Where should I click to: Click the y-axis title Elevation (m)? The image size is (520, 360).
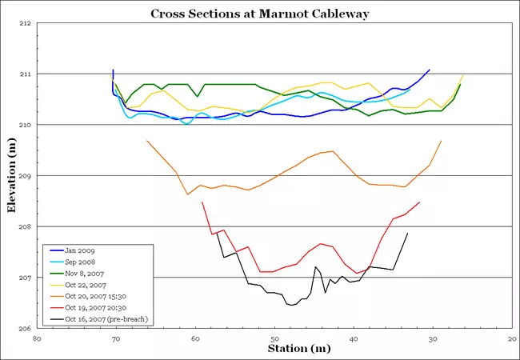(x=11, y=176)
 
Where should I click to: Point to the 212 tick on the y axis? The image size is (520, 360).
(x=23, y=23)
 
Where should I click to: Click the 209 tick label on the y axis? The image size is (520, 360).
(x=23, y=176)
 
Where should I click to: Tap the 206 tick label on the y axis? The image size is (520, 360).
(x=23, y=329)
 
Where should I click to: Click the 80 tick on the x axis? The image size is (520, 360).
(x=37, y=338)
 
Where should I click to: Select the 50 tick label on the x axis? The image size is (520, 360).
(x=274, y=338)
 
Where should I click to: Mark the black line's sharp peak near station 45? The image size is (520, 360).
(x=316, y=266)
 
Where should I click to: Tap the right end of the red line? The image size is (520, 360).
(x=419, y=202)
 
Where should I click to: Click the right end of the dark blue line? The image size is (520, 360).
(x=430, y=70)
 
